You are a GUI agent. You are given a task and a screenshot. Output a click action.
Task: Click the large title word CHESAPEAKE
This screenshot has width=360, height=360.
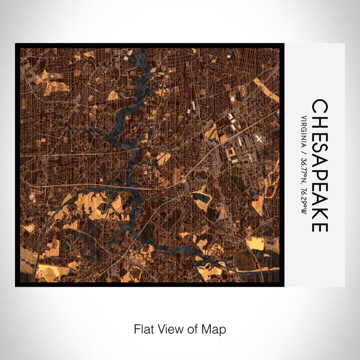pos(319,165)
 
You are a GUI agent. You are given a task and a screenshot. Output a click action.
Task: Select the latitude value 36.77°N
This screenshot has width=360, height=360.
pos(304,172)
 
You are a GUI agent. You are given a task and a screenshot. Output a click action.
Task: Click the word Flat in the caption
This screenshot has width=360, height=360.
pos(142,328)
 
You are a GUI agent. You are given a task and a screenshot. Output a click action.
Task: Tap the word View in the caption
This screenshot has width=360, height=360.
pos(170,328)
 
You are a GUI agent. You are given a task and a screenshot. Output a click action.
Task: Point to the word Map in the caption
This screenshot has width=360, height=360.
pos(215,328)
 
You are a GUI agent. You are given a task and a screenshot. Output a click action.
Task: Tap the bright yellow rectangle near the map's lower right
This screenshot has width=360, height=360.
pos(256,243)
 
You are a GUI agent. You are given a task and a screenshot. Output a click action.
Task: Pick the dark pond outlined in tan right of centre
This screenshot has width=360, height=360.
pos(201,196)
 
